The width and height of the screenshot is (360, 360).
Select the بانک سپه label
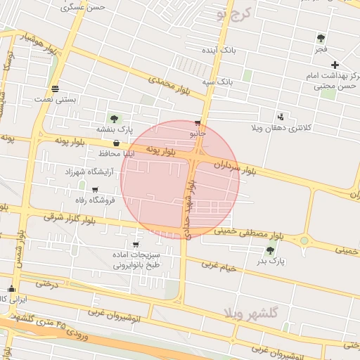point(218,82)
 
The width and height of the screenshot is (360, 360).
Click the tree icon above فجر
point(321,38)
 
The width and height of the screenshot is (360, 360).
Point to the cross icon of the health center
point(334,65)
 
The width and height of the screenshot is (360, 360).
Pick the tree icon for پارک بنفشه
point(114,119)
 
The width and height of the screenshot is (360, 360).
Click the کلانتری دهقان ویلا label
point(281,129)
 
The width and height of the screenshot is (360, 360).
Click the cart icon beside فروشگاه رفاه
point(94,189)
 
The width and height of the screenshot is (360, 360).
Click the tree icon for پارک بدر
point(271,250)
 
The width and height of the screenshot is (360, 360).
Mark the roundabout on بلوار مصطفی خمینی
point(304,240)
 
